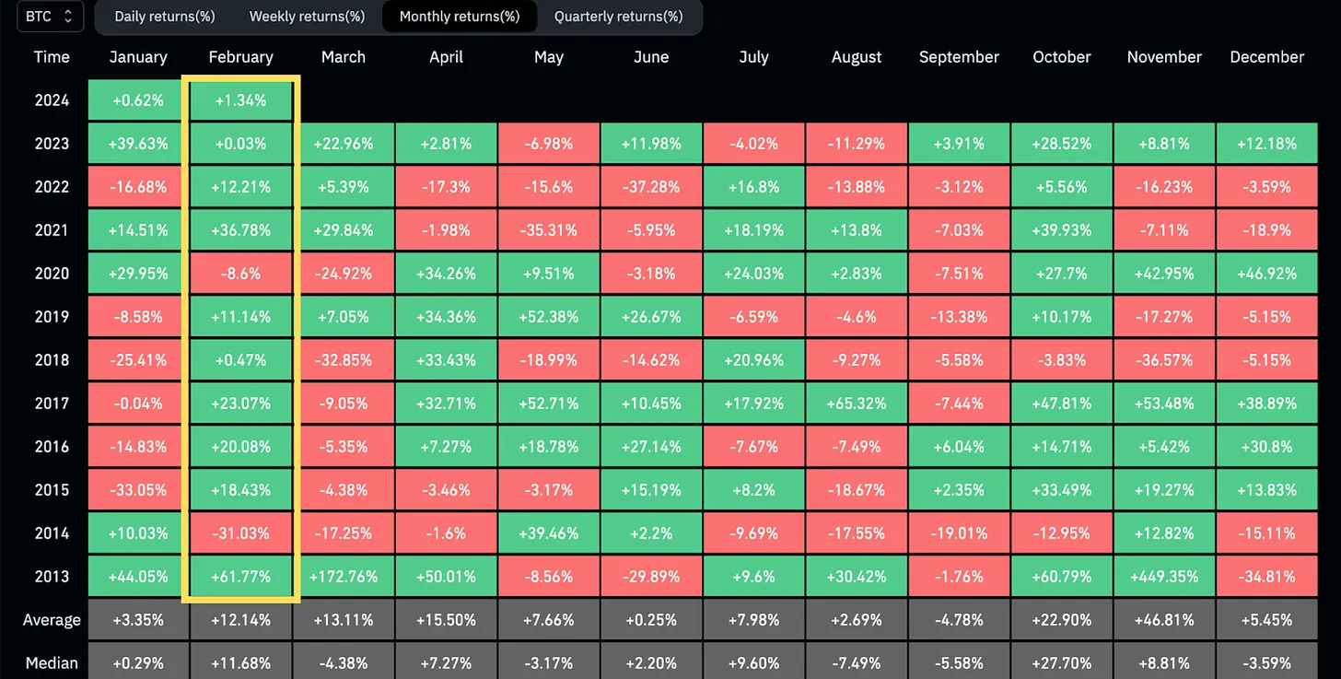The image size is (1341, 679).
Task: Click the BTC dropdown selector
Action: point(44,17)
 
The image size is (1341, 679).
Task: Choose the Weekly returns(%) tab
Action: point(307,17)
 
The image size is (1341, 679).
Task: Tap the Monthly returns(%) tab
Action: point(460,17)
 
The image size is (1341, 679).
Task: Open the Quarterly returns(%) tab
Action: point(618,17)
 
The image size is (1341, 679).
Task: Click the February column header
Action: point(241,57)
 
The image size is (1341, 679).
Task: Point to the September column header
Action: point(959,57)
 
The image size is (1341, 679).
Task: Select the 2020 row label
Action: point(52,274)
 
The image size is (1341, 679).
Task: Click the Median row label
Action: point(52,663)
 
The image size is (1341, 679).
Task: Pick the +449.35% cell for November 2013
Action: point(1164,577)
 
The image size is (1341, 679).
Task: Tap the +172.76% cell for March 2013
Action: point(344,577)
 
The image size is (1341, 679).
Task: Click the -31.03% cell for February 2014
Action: point(241,533)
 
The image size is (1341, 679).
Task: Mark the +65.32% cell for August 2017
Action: point(857,404)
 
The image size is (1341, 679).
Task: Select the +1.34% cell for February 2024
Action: point(241,100)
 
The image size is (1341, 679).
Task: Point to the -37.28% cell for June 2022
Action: point(651,187)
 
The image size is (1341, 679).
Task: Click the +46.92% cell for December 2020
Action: point(1267,274)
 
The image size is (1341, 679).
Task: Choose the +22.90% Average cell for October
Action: point(1062,620)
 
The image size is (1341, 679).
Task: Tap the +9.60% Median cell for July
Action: point(753,663)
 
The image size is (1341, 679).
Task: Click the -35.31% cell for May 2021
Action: point(549,230)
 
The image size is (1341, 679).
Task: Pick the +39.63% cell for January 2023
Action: point(138,144)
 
